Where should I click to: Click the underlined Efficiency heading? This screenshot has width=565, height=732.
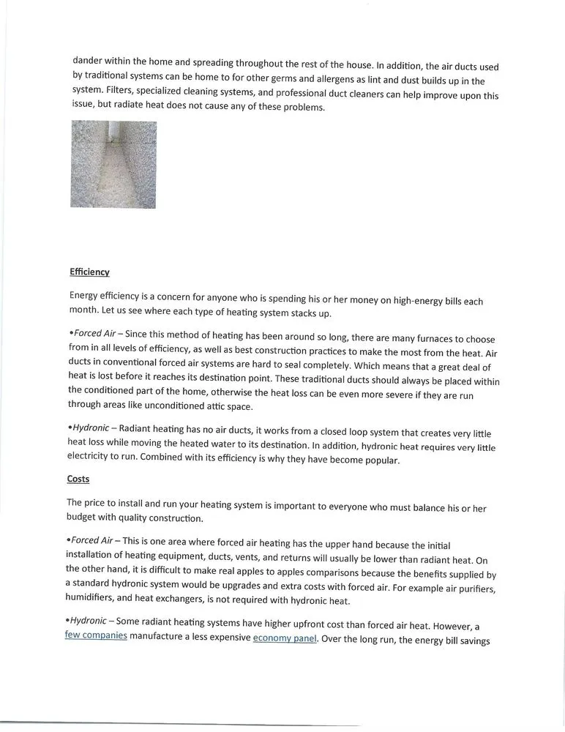89,272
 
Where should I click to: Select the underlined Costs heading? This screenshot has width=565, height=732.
78,479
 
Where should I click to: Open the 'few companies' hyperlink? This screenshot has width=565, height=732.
96,636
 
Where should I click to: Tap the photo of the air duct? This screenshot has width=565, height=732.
113,165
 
